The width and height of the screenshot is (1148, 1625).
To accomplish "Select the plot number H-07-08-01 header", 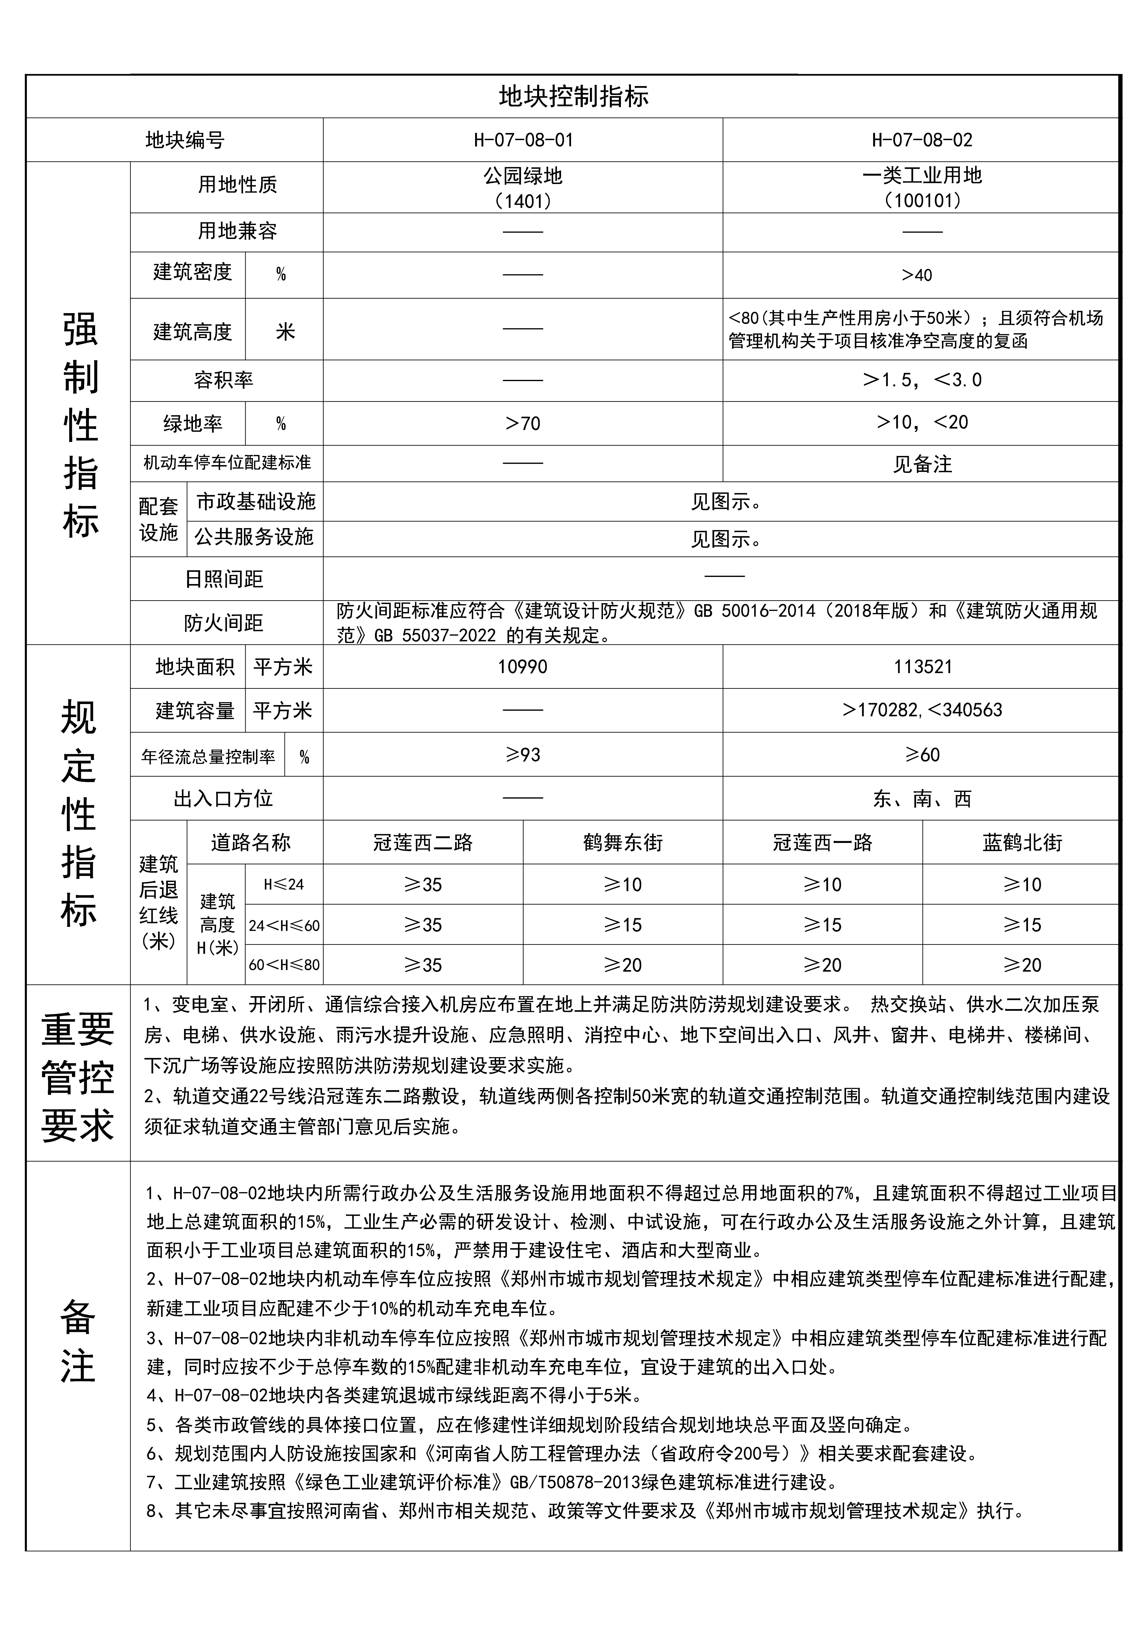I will click(x=523, y=140).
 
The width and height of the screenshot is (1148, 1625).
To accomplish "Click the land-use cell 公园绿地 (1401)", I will click(x=523, y=187).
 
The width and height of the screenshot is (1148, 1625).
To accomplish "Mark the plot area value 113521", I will click(x=922, y=667).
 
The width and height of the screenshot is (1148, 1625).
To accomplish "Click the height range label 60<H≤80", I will click(x=284, y=965).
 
